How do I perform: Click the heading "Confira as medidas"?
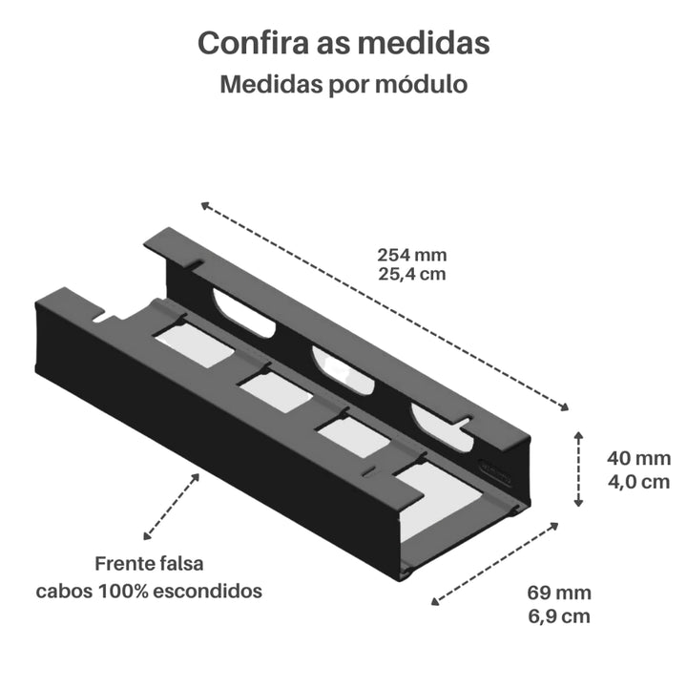click(343, 44)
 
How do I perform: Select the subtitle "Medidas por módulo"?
click(343, 85)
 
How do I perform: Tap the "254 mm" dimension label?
click(412, 255)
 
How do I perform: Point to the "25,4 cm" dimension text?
click(412, 274)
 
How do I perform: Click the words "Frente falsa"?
click(149, 565)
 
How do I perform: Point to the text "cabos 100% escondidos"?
click(149, 591)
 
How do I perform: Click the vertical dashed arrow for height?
click(578, 468)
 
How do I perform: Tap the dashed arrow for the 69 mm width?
click(496, 563)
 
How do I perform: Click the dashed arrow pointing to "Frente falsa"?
click(172, 506)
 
